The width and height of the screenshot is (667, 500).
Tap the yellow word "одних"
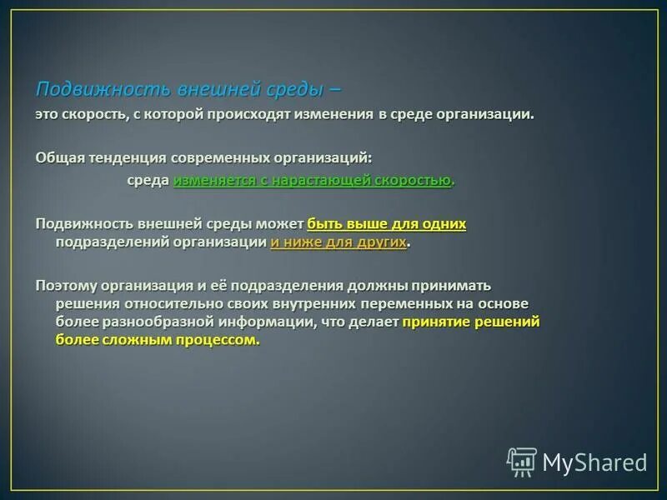pos(444,224)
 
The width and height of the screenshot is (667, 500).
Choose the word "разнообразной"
pos(147,322)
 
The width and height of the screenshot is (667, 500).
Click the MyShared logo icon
pos(522,462)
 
